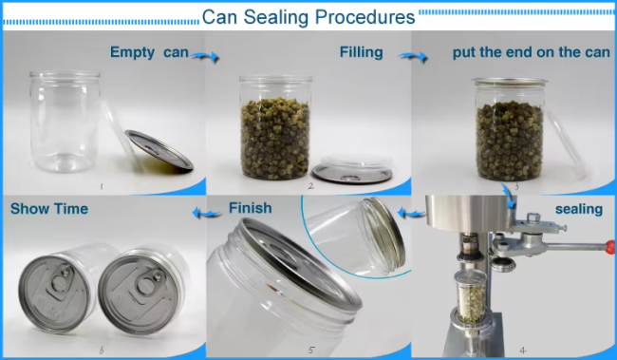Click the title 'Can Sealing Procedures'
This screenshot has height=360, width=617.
coord(308,17)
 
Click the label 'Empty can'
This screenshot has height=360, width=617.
coord(149,52)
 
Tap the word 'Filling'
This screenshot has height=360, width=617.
coord(362,52)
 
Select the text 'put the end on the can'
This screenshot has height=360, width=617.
coord(532,52)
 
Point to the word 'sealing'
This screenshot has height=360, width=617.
coord(579,209)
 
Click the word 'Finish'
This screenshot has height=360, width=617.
coord(251,208)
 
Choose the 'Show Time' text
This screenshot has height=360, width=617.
coord(49,209)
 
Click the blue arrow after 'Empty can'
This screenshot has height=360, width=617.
coord(205,58)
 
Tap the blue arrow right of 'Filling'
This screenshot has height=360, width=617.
coord(413,58)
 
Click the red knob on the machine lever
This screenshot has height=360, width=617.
coord(610,247)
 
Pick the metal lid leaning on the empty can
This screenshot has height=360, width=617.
coord(159,150)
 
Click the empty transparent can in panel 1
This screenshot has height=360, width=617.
coord(65,122)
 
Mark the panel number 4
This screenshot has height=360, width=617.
coord(523,350)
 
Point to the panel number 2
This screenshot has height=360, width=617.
coord(310,185)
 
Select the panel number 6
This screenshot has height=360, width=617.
coord(102,350)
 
